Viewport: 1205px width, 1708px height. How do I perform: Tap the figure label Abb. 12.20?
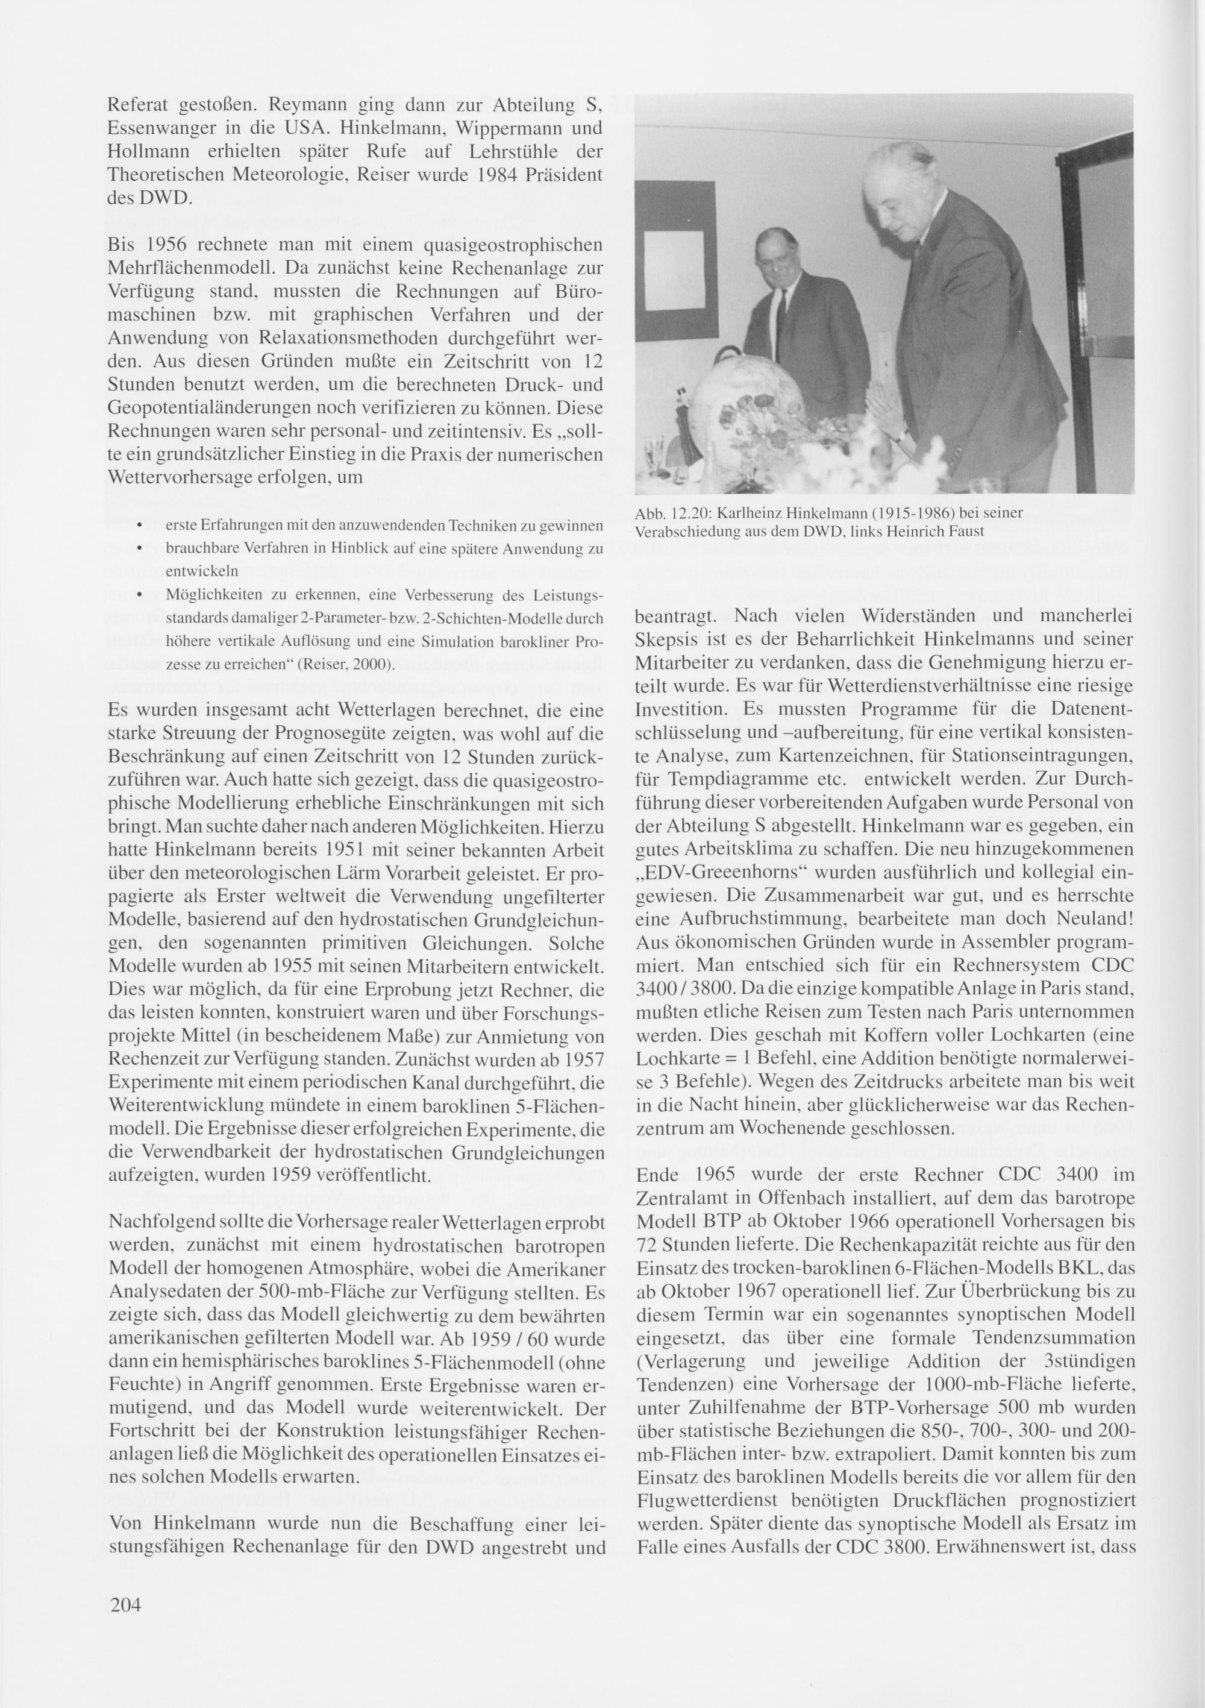click(x=667, y=514)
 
